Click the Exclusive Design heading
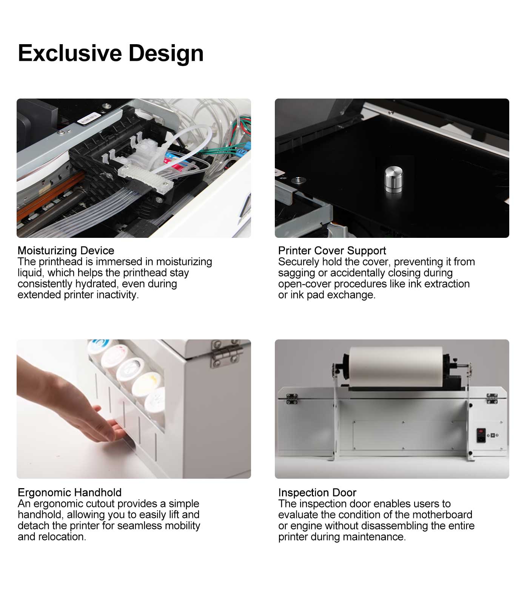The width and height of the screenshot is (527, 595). [x=111, y=53]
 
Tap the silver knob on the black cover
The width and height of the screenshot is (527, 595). [x=393, y=180]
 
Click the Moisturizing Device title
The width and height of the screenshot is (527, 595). [x=66, y=251]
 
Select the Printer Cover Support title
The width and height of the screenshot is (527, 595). [x=332, y=251]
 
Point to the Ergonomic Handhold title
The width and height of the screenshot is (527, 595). [x=70, y=492]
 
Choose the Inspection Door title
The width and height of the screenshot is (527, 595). [x=317, y=492]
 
